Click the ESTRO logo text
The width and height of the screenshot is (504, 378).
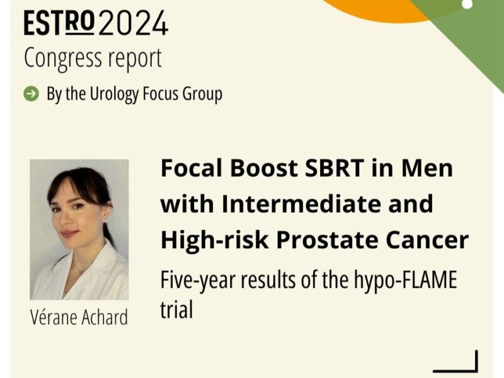60,23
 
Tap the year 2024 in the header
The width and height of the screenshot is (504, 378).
134,23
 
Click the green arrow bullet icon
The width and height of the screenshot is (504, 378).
30,94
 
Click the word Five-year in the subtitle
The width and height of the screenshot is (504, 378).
197,279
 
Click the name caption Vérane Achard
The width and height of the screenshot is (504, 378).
79,317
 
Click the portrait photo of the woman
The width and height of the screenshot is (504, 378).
79,229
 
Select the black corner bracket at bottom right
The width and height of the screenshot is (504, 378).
456,362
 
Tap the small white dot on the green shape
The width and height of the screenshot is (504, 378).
467,4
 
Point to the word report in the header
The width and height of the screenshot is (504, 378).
134,59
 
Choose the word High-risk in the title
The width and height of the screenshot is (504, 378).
205,239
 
